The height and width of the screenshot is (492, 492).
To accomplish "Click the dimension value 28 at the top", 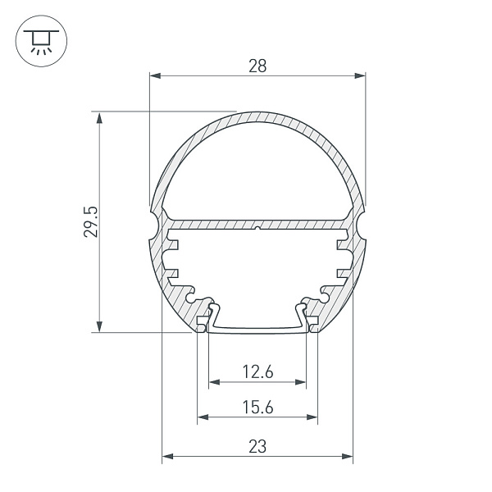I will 257,66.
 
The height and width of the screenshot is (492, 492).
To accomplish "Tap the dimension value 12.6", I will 257,372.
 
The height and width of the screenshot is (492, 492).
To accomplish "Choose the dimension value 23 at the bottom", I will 257,447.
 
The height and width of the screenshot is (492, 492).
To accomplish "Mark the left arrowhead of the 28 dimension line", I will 154,76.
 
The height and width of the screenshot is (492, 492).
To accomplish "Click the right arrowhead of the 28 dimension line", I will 360,76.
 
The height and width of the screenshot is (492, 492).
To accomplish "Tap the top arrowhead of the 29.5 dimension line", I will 100,116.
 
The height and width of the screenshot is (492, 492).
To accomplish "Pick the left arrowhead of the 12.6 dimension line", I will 214,382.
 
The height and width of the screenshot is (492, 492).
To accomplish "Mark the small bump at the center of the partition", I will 257,229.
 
